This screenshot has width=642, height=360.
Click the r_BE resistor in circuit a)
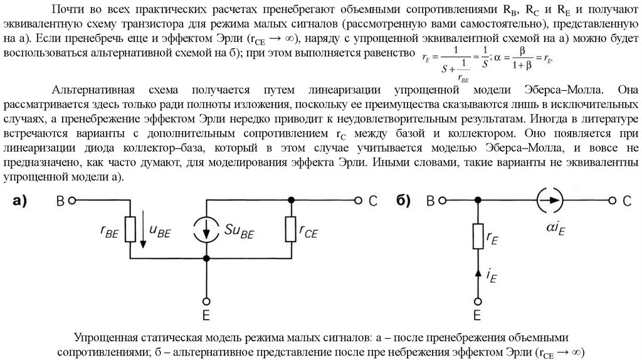[131, 230]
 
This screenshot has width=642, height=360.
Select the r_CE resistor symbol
[291, 230]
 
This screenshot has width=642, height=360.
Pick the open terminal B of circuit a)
[72, 201]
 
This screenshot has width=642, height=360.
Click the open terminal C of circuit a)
[357, 201]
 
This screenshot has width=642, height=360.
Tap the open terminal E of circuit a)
[206, 299]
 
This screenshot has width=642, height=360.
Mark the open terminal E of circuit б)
[478, 299]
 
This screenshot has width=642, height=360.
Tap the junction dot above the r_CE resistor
[291, 201]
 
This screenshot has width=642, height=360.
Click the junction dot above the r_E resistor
[478, 201]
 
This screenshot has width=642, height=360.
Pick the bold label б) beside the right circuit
[403, 201]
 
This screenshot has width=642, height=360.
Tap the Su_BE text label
[239, 231]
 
